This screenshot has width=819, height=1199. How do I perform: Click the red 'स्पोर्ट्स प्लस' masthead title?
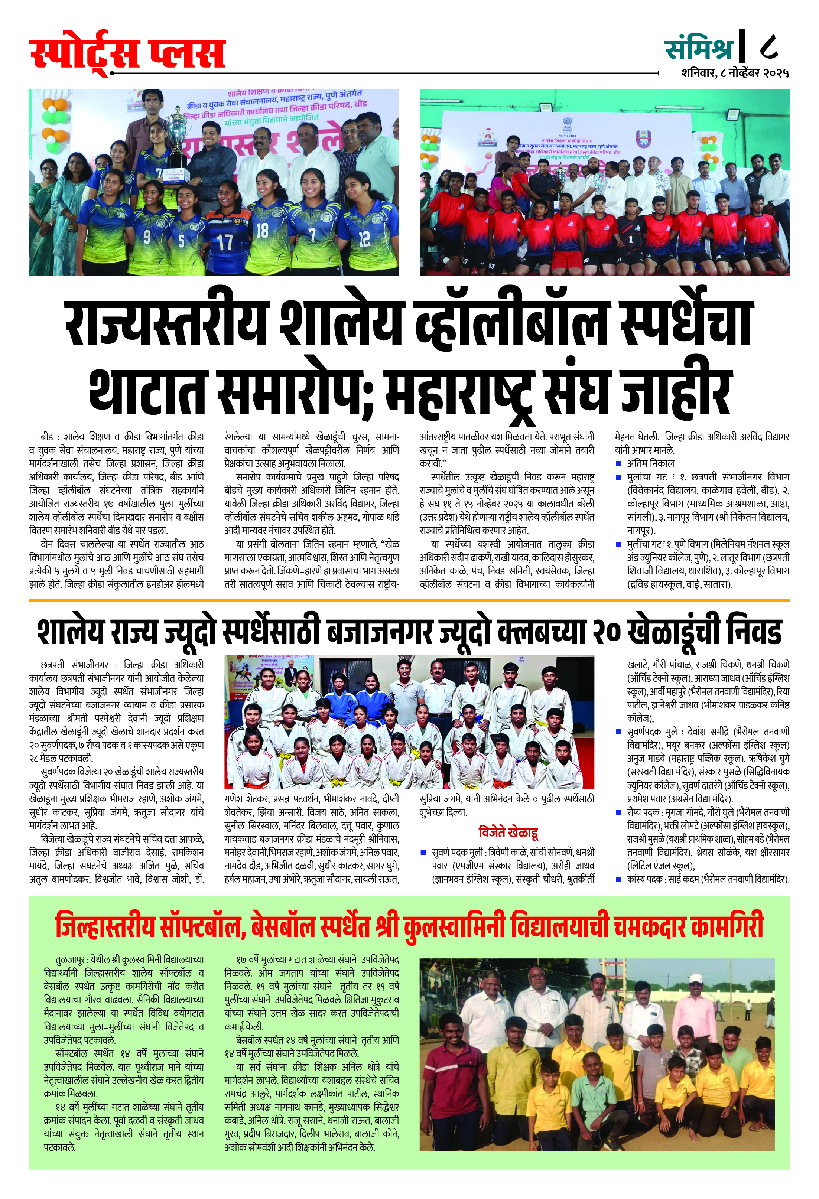coord(127,53)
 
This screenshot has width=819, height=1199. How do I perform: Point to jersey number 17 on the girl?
coord(224,242)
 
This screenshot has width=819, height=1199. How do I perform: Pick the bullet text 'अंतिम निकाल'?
coord(650,463)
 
